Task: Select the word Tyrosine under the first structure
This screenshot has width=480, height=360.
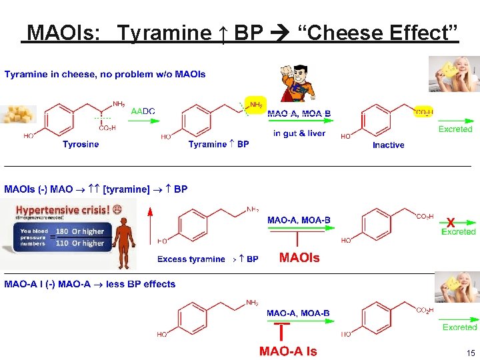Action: [x=81, y=145]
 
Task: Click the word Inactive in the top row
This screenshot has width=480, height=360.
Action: [x=388, y=145]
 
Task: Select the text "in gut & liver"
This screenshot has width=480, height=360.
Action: [x=299, y=133]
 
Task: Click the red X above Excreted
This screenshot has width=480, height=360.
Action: [x=451, y=222]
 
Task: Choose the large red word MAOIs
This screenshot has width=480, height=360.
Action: [x=299, y=258]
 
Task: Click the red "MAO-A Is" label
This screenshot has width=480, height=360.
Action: [x=288, y=351]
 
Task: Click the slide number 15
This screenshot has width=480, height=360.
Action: [x=471, y=353]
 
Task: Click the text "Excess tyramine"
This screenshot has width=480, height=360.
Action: [x=191, y=259]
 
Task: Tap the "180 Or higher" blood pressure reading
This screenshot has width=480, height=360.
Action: [x=80, y=232]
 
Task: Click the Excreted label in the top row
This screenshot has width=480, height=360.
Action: [x=455, y=129]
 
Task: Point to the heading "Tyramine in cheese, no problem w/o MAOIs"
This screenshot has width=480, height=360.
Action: [x=105, y=74]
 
